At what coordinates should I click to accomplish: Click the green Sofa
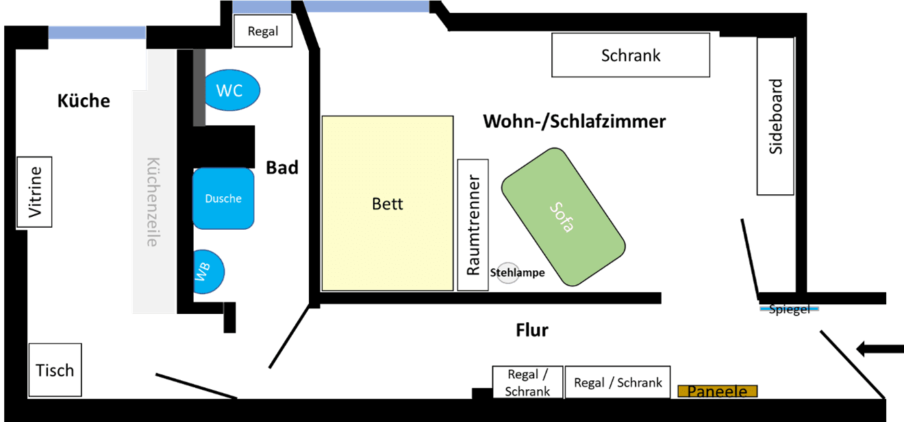pos(563,216)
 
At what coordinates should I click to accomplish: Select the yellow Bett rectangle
pos(388,203)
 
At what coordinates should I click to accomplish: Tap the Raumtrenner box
pos(473,224)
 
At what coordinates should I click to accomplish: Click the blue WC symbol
pos(232,90)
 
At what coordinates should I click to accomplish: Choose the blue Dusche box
pos(223,198)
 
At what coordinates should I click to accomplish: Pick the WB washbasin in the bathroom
pos(208,272)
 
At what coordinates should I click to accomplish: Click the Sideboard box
pos(775,116)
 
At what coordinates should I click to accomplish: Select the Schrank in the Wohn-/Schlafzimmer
pos(631,55)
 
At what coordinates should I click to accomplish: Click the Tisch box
pos(55,370)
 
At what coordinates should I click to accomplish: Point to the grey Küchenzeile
pos(153,198)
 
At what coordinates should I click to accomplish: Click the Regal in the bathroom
pos(263,31)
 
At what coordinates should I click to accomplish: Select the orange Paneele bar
pos(717,391)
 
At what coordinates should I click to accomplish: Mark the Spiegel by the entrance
pos(789,309)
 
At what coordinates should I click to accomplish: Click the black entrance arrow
pos(879,350)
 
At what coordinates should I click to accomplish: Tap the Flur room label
pos(532,330)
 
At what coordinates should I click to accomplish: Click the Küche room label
pos(83,101)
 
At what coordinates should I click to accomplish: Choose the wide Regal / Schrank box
pos(618,382)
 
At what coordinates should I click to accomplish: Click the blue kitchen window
pos(97,32)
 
